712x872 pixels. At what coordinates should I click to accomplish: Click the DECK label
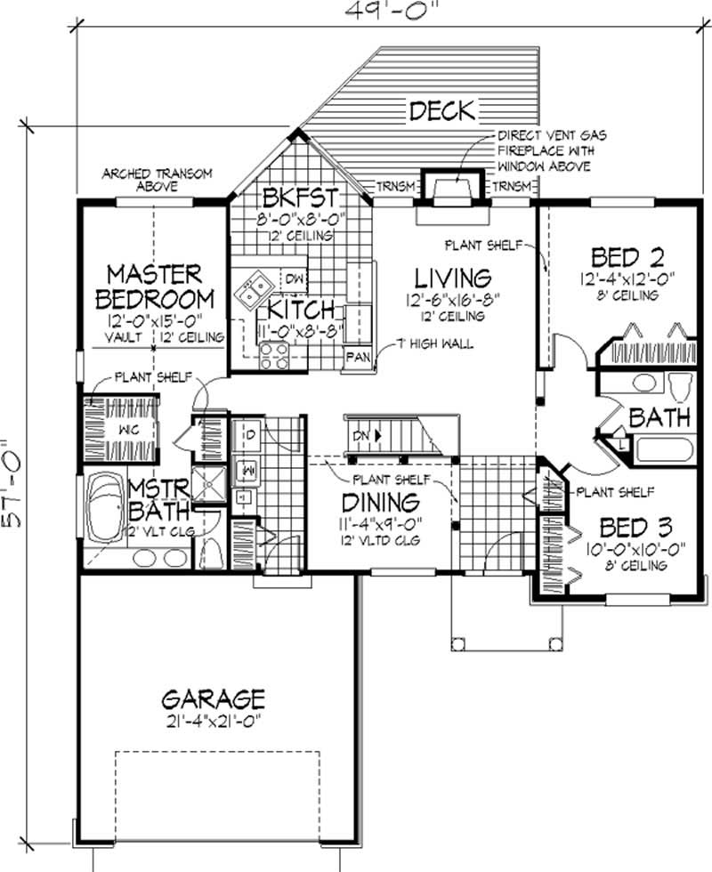tap(441, 111)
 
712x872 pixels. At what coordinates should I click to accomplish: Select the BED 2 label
tap(627, 258)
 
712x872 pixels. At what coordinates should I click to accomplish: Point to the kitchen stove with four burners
tap(274, 356)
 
